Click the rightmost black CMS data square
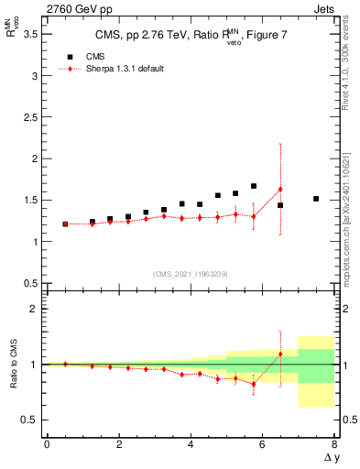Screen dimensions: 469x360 coord(316,199)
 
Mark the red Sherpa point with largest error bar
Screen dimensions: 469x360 coord(280,189)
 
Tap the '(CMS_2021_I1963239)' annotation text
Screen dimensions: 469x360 coord(191,274)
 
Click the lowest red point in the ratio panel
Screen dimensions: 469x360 coord(254,384)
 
